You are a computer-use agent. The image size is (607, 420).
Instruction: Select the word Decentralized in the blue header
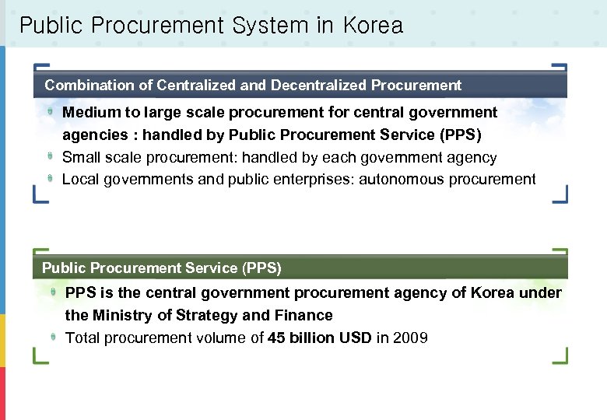318,86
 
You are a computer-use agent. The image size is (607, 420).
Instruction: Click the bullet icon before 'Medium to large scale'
50,112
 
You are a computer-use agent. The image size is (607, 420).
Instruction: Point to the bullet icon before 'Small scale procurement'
50,156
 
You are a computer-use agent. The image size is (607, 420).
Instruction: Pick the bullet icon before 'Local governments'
50,178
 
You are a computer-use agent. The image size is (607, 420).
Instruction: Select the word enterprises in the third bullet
311,180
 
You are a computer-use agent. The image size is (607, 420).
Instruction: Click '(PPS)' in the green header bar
261,268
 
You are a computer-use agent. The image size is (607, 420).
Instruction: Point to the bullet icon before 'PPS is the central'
53,292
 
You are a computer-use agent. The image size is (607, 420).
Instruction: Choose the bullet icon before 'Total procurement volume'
53,337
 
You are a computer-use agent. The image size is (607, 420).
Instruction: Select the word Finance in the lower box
303,316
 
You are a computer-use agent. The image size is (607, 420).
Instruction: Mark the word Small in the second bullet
80,158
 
